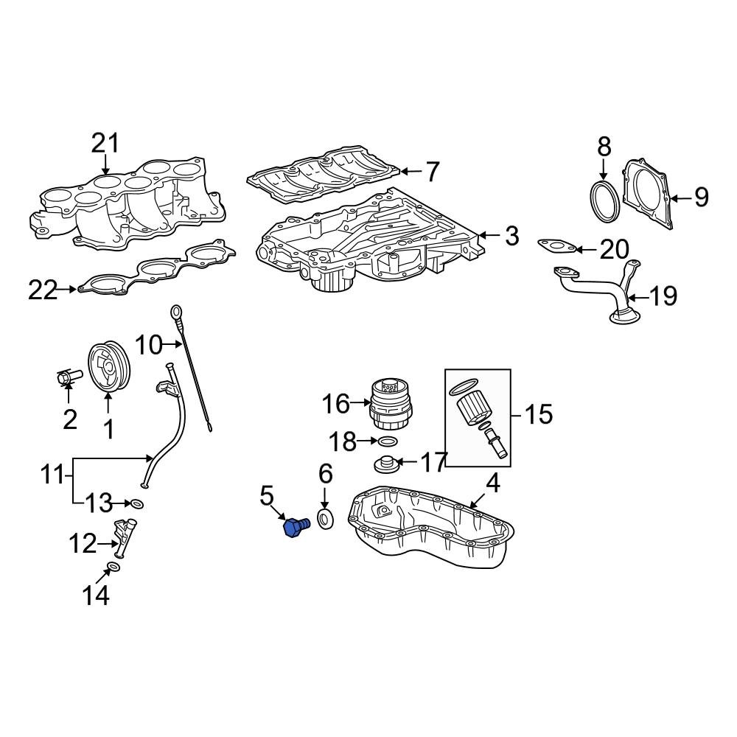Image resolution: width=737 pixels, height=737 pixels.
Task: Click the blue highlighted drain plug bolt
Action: tap(296, 528)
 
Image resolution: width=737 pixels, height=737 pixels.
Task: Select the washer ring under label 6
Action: tap(325, 519)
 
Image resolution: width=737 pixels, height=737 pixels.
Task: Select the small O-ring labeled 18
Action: tap(388, 442)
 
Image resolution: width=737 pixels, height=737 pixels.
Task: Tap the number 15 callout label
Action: tap(539, 414)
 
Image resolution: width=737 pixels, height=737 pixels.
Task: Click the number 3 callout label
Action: tap(511, 237)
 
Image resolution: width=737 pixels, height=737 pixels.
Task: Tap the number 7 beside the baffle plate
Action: tap(432, 172)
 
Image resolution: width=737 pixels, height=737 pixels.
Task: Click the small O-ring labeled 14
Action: tap(113, 567)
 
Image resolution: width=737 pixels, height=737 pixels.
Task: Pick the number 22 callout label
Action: tap(43, 290)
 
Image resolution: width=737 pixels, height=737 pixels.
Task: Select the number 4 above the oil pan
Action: tap(492, 484)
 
